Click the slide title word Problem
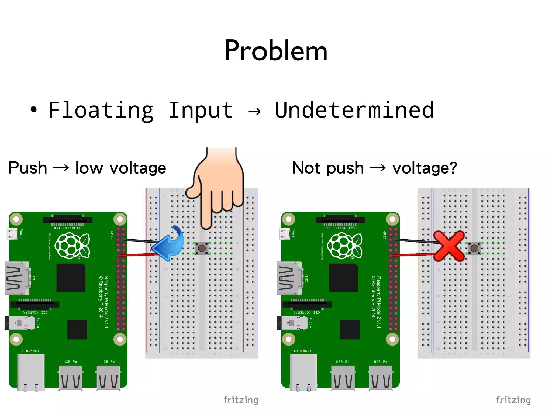(x=275, y=51)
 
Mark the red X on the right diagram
(x=449, y=246)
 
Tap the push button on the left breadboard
(x=202, y=248)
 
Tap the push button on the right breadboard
(x=474, y=248)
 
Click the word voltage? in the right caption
(x=425, y=168)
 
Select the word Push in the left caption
(x=27, y=168)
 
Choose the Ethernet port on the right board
(x=303, y=372)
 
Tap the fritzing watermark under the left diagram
(x=241, y=400)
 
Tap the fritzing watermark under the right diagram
(x=513, y=400)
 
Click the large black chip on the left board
(x=71, y=278)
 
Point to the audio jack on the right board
(x=292, y=323)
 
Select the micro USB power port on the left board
(x=12, y=234)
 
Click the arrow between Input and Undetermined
(x=254, y=111)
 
